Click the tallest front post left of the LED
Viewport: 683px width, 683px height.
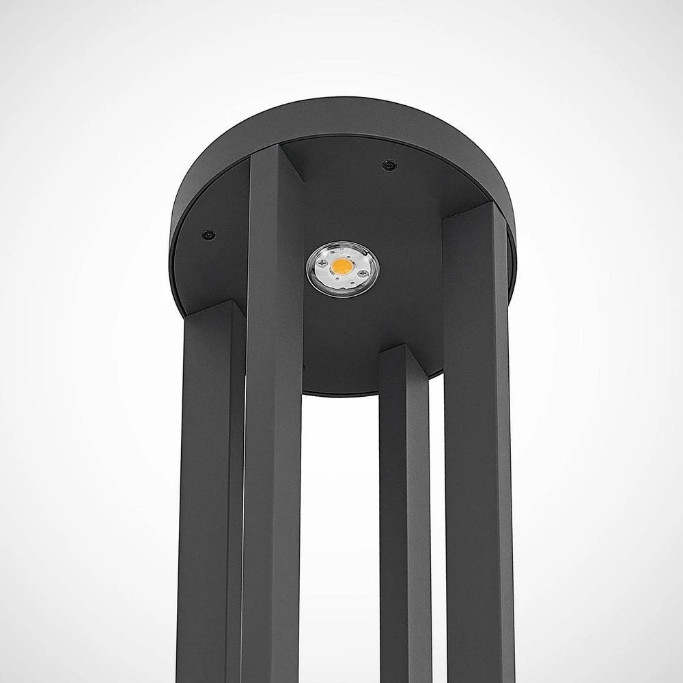[273, 410]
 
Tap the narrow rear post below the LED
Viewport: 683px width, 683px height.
[403, 512]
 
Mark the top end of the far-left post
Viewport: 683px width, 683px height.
[212, 309]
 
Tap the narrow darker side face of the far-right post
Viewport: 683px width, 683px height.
[506, 444]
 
